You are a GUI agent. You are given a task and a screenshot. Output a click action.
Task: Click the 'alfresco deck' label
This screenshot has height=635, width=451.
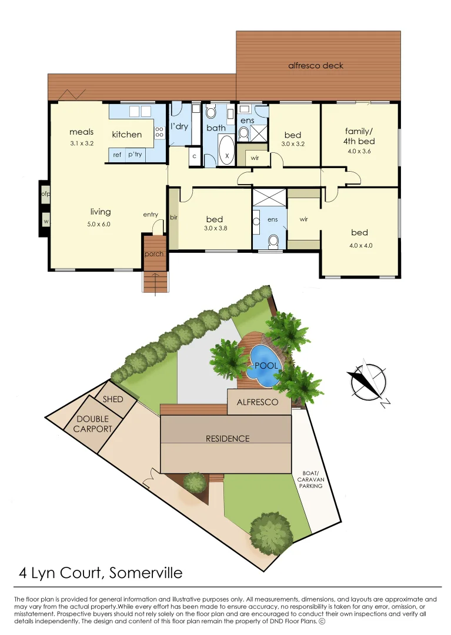(x=315, y=66)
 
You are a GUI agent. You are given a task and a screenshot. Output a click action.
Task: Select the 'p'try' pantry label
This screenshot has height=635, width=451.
(x=135, y=155)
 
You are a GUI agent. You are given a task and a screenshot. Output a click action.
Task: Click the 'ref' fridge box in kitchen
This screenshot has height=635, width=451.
(x=117, y=155)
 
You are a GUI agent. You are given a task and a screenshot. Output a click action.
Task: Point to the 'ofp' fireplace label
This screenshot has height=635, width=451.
(x=45, y=193)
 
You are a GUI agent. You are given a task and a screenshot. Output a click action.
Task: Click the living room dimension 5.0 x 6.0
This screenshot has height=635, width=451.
(x=101, y=224)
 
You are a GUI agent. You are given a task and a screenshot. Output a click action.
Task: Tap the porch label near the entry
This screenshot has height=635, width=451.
(x=154, y=254)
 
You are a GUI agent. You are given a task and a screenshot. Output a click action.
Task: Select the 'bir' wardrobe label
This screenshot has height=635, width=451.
(x=173, y=217)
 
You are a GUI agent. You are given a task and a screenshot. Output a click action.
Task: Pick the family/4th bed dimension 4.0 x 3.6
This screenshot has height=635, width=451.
(x=359, y=151)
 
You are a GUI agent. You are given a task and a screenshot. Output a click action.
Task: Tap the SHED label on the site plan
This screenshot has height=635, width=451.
(x=113, y=399)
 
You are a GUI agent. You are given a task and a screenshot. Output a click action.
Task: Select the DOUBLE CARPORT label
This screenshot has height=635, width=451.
(x=93, y=424)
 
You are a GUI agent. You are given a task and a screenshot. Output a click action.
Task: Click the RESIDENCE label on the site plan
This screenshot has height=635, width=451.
(x=227, y=439)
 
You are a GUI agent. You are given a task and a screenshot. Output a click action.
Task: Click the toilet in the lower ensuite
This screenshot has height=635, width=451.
(x=272, y=240)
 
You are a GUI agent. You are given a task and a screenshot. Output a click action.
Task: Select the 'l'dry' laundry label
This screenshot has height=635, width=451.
(x=179, y=126)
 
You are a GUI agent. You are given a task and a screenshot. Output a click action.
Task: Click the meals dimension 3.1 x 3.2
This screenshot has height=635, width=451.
(x=81, y=143)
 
